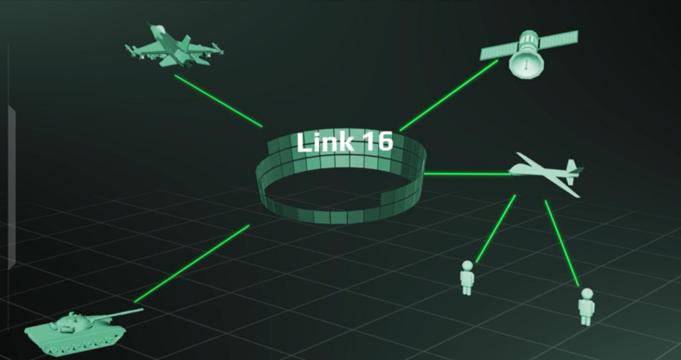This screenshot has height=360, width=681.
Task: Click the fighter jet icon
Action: coord(174,47)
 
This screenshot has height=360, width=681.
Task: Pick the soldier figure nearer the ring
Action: coord(467,277)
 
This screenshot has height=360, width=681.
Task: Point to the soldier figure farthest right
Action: coord(586,307)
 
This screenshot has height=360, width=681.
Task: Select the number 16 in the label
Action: coord(377,142)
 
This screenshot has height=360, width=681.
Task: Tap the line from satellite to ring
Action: coord(448,96)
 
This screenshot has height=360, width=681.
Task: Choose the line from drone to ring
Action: coord(467,174)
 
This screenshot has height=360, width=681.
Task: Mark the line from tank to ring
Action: coord(191,264)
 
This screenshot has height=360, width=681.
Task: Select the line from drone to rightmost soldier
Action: coord(562,243)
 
